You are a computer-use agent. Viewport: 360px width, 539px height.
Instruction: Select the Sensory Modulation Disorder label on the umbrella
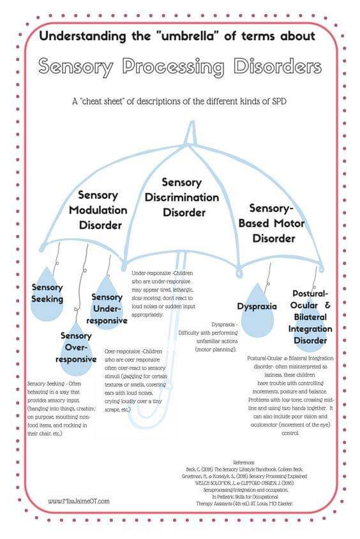coord(103,210)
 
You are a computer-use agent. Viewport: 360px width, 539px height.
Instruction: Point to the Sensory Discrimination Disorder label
coord(183,198)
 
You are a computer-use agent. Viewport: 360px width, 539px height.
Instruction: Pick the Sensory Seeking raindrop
coord(48,293)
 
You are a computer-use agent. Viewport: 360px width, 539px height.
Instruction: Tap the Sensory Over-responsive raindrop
coord(76,347)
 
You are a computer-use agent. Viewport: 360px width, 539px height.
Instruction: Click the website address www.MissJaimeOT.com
coord(79,501)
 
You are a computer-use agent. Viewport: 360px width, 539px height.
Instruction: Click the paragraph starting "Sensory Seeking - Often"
coord(61,408)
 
